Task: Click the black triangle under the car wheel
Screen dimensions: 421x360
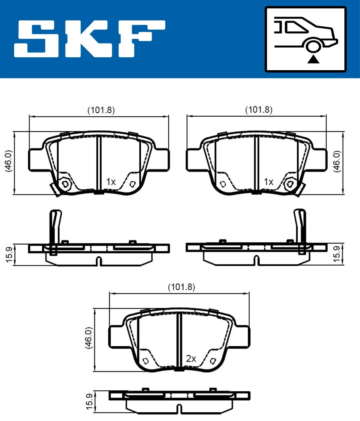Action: [313, 59]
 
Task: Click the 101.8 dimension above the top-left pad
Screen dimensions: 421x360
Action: [101, 110]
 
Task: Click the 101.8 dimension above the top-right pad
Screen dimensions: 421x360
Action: [259, 110]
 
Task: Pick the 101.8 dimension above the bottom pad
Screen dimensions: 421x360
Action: [181, 287]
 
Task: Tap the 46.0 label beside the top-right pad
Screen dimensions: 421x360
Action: [337, 161]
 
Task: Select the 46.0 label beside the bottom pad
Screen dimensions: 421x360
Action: [88, 338]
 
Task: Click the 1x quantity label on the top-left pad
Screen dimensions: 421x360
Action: [111, 182]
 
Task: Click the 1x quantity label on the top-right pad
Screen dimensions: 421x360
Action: [268, 182]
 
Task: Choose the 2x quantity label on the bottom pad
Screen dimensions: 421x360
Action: [191, 358]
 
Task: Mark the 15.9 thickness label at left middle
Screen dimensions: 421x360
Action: [9, 255]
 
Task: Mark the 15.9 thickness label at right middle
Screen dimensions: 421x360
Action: [337, 254]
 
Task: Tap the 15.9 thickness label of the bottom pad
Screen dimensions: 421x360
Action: [89, 402]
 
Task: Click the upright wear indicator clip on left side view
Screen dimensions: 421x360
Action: [55, 228]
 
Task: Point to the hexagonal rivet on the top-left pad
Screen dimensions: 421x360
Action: [65, 184]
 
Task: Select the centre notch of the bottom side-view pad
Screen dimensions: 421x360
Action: [179, 409]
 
